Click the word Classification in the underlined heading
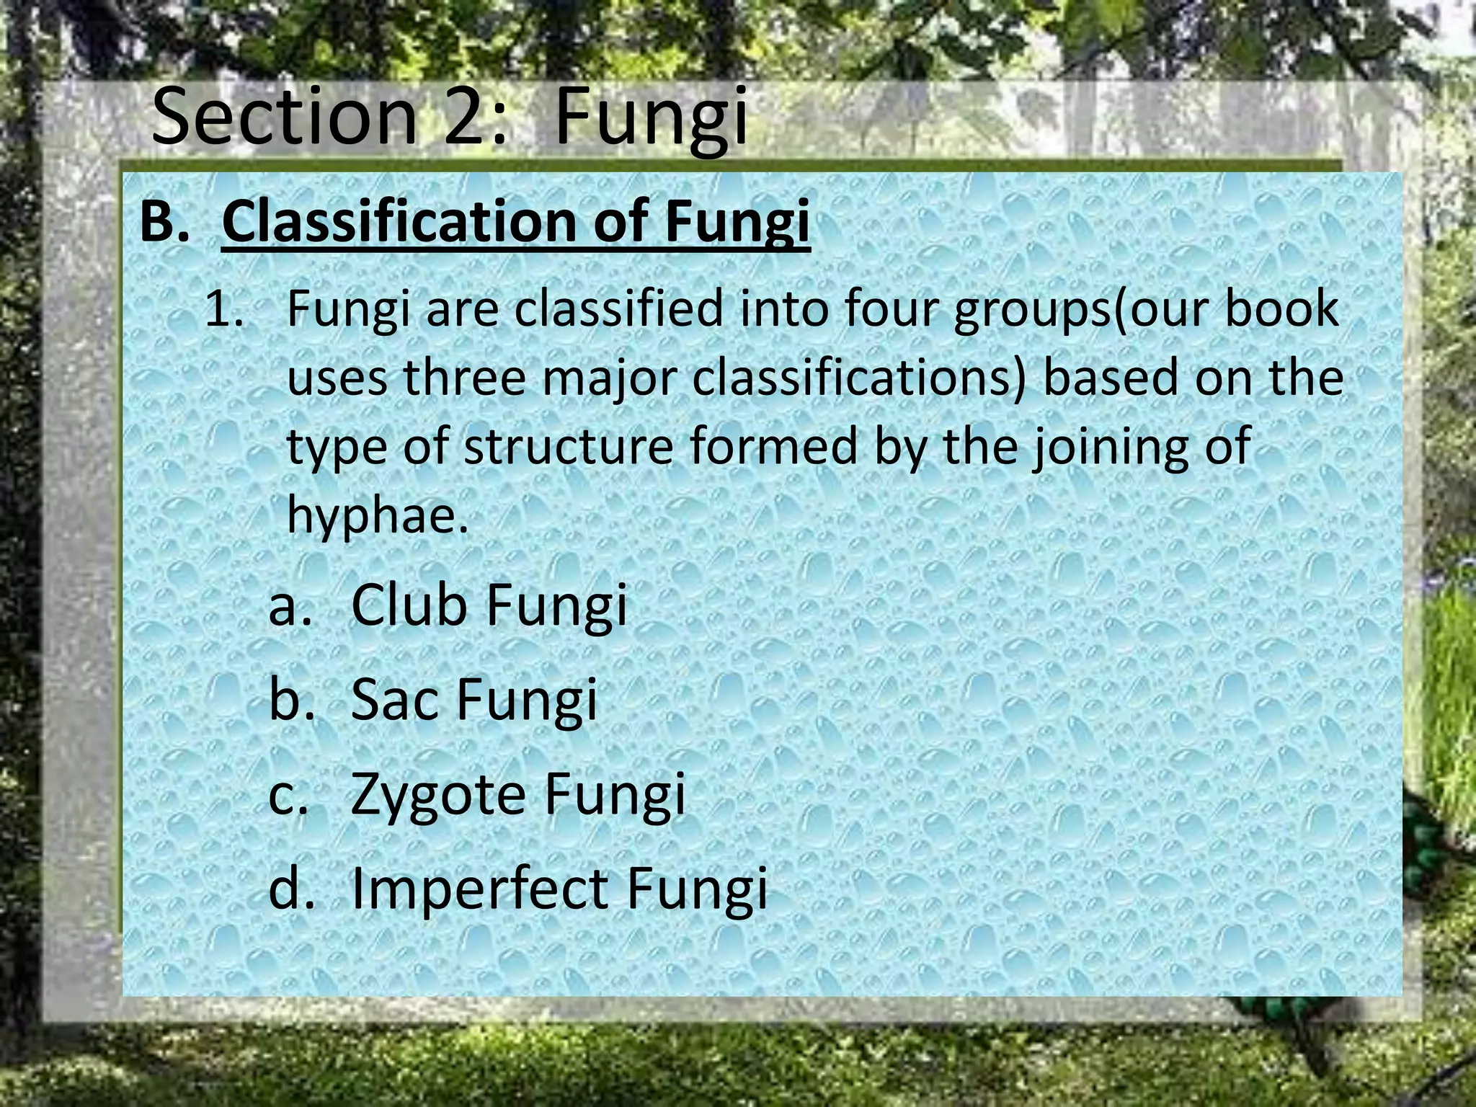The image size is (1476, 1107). [399, 222]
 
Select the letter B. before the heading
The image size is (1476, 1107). [164, 222]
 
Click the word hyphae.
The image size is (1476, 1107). [378, 515]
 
